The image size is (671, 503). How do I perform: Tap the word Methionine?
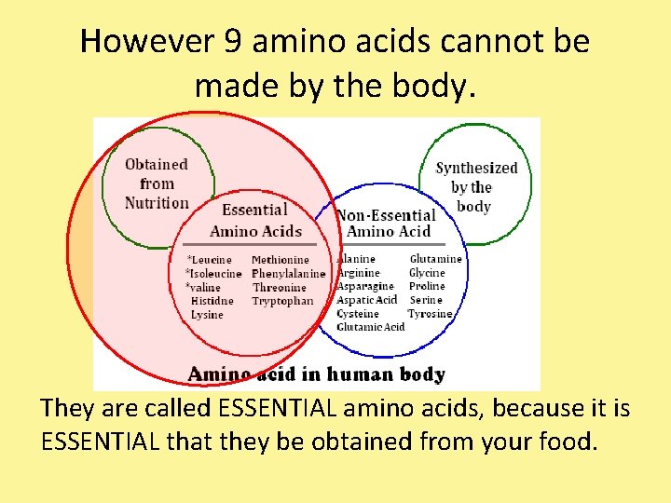point(281,260)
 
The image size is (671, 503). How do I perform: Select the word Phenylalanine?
point(289,274)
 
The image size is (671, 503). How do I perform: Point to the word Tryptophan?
point(283,301)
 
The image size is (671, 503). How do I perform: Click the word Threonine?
point(280,288)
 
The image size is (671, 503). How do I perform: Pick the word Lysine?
point(207,315)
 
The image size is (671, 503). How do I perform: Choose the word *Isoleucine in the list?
point(214,274)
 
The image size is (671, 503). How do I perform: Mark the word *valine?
point(204,288)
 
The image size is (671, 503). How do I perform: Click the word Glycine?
point(427,273)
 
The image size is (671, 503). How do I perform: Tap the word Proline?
point(427,286)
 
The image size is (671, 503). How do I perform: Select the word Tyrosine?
point(430,314)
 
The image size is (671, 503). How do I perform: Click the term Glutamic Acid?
point(371,327)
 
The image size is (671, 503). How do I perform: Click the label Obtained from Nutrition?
point(157,184)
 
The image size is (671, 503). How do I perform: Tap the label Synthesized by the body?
point(475,186)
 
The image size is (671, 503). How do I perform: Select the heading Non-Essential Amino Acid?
point(386,223)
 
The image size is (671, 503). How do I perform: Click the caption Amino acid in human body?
point(317,374)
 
